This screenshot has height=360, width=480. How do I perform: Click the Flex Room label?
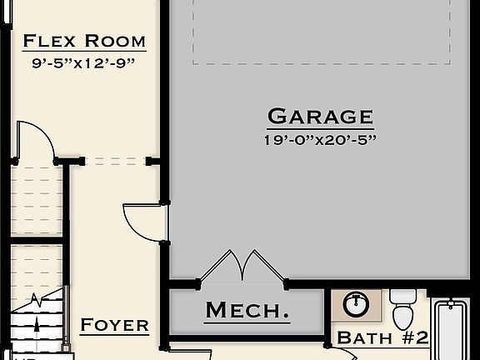84,41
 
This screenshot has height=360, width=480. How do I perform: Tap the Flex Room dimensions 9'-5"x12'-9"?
84,61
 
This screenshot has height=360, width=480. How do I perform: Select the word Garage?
320,116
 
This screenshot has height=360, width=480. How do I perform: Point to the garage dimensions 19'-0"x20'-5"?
320,138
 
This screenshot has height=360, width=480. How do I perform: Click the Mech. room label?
247,311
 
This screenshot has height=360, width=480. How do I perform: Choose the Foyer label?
114,325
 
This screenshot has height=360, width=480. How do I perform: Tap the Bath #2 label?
382,337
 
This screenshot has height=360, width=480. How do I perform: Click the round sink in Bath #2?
357,303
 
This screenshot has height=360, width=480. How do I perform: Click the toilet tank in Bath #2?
403,296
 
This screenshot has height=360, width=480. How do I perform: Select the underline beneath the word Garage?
320,127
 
